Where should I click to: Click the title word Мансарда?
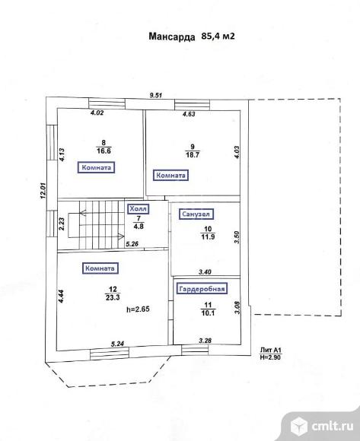tap(172, 36)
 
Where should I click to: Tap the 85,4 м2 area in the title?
tap(218, 36)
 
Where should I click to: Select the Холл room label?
tap(138, 209)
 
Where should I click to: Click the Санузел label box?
tap(196, 214)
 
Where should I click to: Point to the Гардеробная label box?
tap(202, 289)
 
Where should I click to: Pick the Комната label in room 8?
tap(96, 167)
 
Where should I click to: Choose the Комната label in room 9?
tap(170, 176)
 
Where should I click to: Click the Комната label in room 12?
tap(100, 268)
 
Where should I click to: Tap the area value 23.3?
tap(113, 297)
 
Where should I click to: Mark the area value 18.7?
tap(193, 155)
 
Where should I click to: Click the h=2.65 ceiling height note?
tap(138, 309)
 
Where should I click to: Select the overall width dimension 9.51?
tap(156, 95)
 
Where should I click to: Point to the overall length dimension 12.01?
tap(43, 191)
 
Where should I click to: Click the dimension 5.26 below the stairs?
tap(132, 244)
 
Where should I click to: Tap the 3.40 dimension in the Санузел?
tap(205, 272)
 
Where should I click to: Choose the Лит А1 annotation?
tap(271, 351)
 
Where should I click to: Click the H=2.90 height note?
tap(271, 357)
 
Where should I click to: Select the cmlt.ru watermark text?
tap(333, 427)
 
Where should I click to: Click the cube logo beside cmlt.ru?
tap(298, 426)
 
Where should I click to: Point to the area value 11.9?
tap(208, 236)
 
